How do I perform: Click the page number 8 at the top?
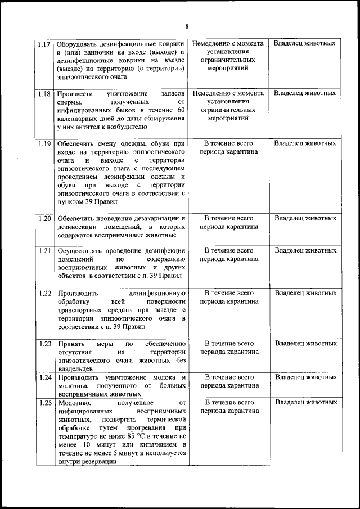[187, 26]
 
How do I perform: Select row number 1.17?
[44, 44]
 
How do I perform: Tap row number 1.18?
[44, 94]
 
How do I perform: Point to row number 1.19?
[44, 143]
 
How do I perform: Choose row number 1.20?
[44, 218]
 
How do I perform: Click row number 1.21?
[44, 250]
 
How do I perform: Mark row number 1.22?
[44, 294]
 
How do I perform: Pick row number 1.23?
[44, 343]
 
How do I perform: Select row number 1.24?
[44, 376]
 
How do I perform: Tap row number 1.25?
[44, 403]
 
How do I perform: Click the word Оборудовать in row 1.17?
[80, 43]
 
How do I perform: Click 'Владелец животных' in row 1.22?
[306, 293]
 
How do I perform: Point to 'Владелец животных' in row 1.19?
[306, 143]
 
